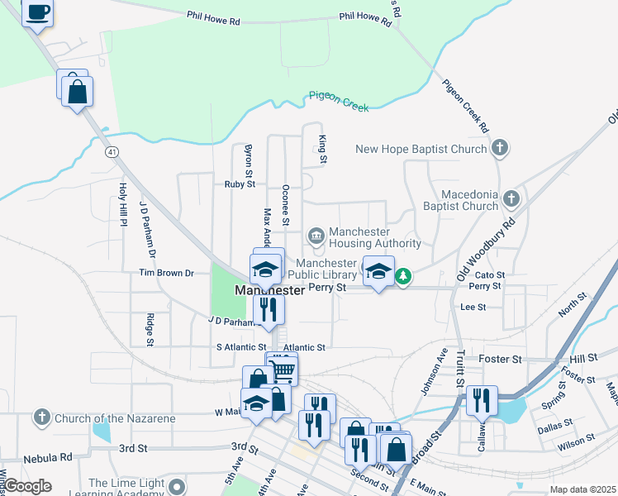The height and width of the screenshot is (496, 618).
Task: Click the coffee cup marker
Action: point(37,13)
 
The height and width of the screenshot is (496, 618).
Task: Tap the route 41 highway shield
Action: point(112,151)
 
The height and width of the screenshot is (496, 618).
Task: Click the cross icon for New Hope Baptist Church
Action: point(499,149)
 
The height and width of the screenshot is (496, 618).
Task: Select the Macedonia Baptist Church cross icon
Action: point(511,198)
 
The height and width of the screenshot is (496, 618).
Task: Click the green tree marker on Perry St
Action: point(402,276)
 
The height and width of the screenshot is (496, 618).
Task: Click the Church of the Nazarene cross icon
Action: point(42,418)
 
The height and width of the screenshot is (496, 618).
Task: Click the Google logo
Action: point(27,486)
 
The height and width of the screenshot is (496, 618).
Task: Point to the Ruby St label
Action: point(240,184)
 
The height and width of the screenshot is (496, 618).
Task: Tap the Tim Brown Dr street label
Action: point(166,273)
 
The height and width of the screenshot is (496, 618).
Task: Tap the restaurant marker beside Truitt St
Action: point(482,399)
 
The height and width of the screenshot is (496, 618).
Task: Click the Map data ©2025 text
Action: point(582,489)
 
